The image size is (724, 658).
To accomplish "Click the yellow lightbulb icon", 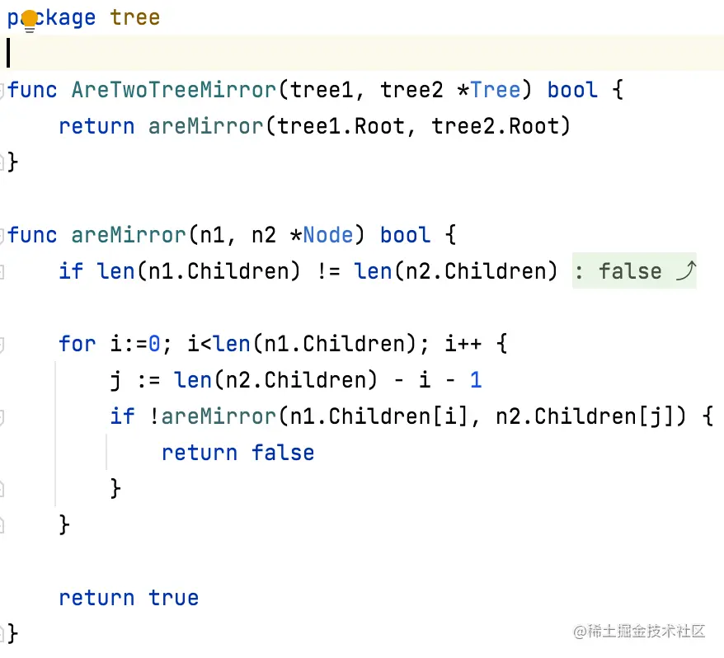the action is (30, 21).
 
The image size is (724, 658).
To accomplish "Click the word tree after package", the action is (135, 17).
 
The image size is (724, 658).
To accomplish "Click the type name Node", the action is (328, 235).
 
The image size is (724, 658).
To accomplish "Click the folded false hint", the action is (630, 271).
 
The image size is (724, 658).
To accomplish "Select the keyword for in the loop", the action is (77, 343).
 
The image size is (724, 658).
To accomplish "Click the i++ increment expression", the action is (463, 343).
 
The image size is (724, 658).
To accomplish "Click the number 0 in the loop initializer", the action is (154, 343).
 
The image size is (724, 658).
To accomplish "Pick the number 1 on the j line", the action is (476, 380).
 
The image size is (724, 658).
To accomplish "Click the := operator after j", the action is (148, 380).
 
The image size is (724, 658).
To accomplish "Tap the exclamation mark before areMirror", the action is (155, 416).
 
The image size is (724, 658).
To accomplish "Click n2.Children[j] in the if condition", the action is (590, 416).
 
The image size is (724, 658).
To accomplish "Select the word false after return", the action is (283, 453).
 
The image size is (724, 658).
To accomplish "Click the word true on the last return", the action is (174, 598).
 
